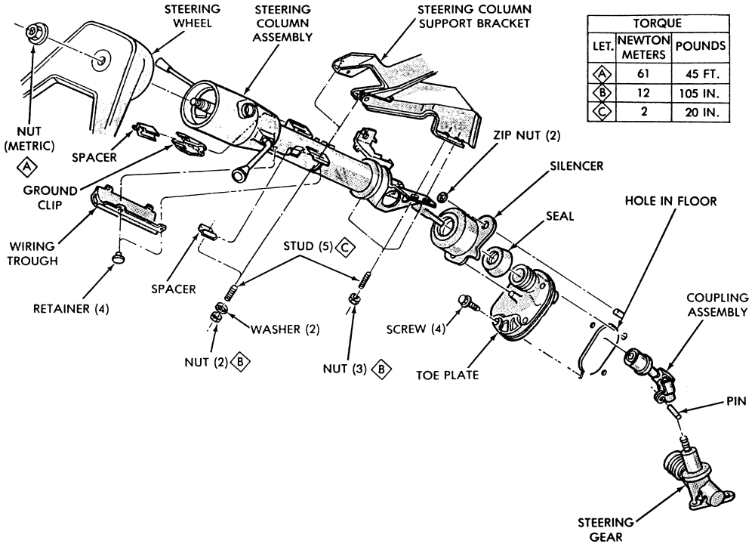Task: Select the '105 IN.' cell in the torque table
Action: (x=701, y=94)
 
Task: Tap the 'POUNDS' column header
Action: (x=701, y=46)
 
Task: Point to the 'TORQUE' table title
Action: (x=658, y=23)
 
